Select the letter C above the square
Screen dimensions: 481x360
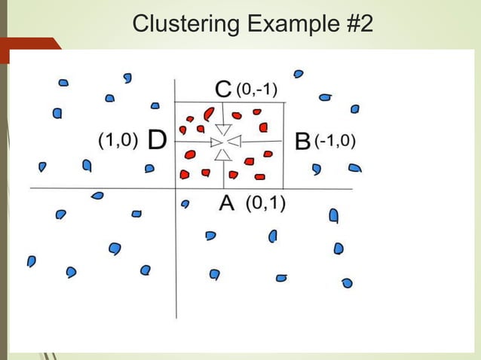tap(223, 90)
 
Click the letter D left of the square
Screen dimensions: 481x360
tap(157, 140)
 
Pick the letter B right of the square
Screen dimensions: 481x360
tap(302, 141)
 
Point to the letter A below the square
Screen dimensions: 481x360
tap(226, 203)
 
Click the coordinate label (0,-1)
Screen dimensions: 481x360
tap(257, 90)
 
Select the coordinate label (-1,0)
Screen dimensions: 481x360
tap(335, 141)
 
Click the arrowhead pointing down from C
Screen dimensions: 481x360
tap(223, 130)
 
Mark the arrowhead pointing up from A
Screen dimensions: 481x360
tap(223, 154)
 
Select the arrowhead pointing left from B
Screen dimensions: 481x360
tap(233, 142)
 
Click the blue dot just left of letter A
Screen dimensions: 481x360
tap(185, 203)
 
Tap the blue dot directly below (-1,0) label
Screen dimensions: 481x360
tap(317, 169)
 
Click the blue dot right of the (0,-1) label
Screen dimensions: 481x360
tap(299, 74)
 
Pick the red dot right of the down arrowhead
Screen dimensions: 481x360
tap(237, 116)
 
